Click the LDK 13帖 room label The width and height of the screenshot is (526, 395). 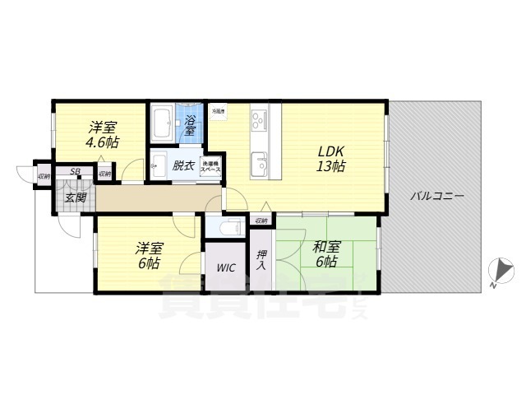click(331, 159)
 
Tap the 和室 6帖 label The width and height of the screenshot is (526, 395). click(325, 253)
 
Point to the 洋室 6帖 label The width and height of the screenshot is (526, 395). click(149, 255)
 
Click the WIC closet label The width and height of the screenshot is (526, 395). click(227, 268)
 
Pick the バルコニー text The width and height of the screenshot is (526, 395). click(436, 197)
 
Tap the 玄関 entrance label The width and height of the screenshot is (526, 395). click(76, 197)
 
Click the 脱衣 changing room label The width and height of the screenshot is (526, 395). click(183, 165)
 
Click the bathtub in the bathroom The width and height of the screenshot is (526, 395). click(161, 123)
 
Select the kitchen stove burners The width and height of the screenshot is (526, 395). click(260, 121)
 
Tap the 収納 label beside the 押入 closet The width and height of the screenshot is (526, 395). click(261, 221)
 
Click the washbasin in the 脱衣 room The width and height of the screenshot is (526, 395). click(157, 165)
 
